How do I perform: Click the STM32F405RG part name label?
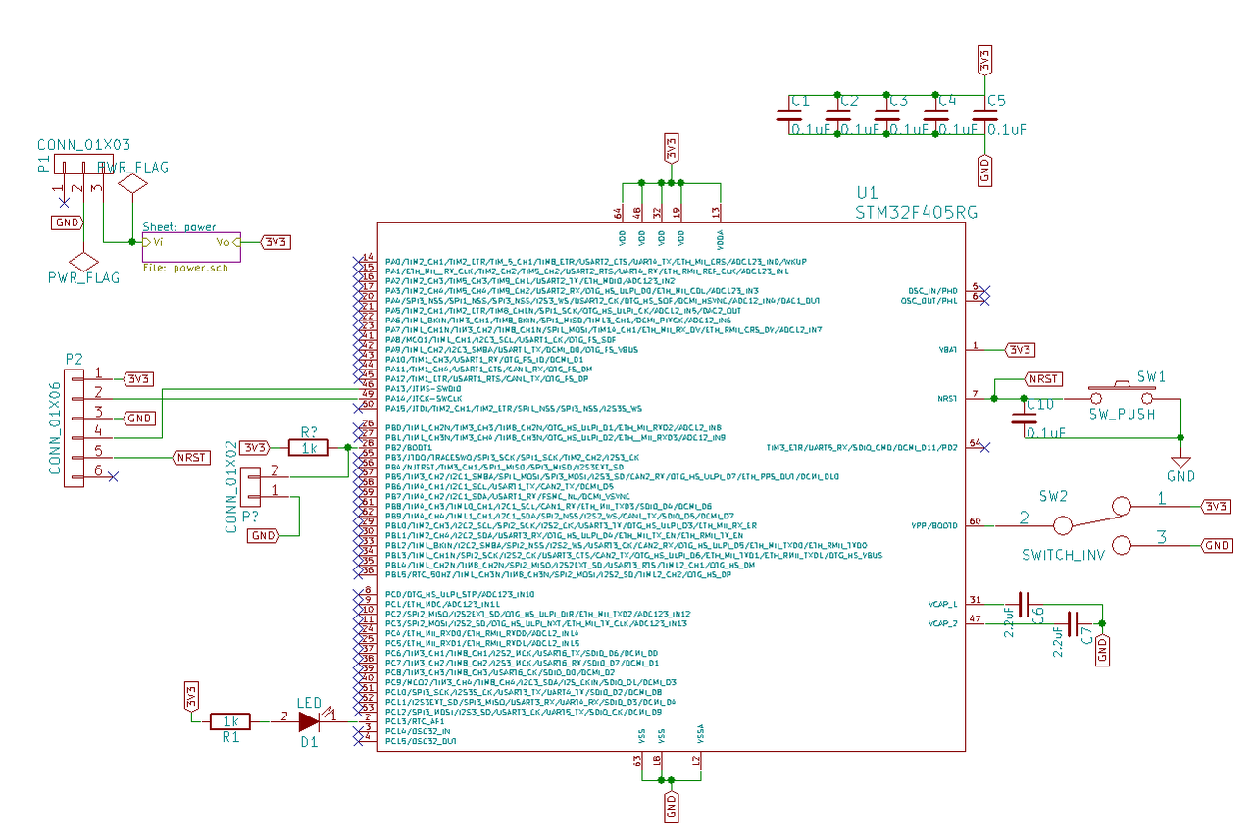pos(916,212)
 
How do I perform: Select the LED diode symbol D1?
pos(309,721)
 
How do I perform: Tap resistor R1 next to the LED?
pos(230,721)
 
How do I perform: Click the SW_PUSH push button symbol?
pos(1124,397)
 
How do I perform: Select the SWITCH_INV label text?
pos(1063,555)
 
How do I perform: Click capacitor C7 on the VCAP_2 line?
pos(1074,623)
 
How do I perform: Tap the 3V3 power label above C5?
pos(984,60)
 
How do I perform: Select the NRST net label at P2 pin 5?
pos(191,457)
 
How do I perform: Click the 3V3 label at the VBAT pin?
pos(1020,349)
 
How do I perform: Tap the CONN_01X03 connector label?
pos(82,145)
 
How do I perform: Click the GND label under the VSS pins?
pos(672,807)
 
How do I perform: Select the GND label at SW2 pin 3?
pos(1217,545)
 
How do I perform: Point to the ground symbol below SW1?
pos(1181,461)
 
